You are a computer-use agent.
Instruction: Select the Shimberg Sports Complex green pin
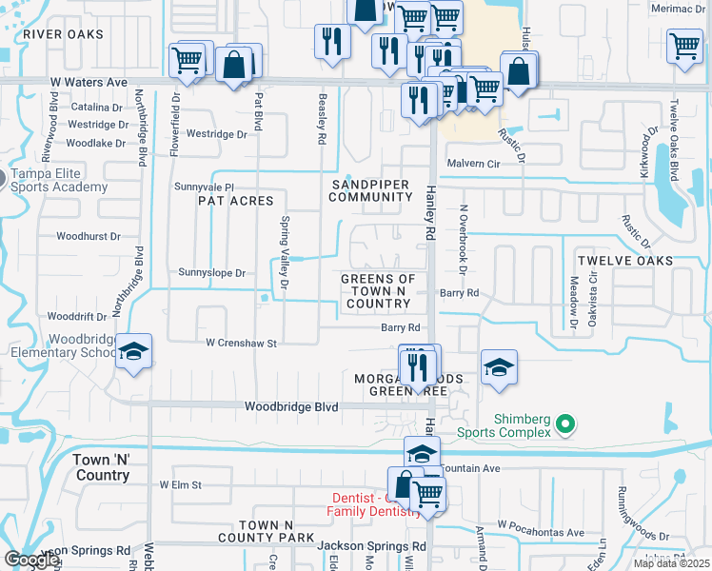click(564, 423)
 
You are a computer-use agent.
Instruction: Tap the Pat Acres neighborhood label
click(235, 201)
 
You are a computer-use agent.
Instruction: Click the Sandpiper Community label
click(370, 190)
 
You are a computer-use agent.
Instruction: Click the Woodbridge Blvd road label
click(291, 406)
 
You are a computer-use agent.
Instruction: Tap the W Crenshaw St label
click(241, 343)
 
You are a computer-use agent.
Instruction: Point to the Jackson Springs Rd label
click(371, 546)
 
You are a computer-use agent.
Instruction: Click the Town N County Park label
click(276, 531)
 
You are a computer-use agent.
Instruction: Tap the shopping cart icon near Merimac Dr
click(684, 45)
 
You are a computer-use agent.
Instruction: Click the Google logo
click(31, 560)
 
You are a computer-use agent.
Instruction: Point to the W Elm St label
click(181, 484)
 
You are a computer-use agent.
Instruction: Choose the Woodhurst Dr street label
click(89, 235)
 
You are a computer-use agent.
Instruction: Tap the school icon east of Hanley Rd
click(499, 366)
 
